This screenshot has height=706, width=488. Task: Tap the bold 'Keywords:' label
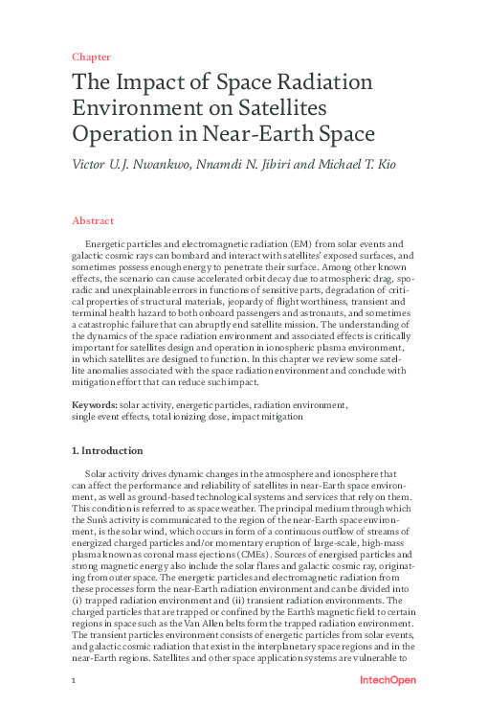pyautogui.click(x=94, y=405)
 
